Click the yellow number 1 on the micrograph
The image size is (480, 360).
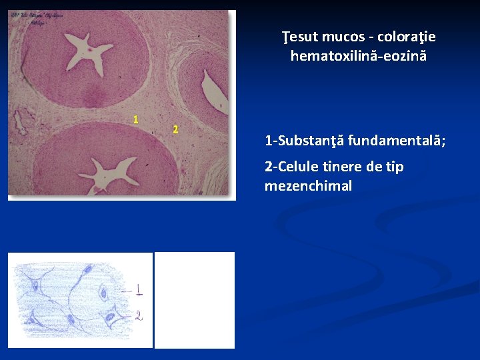click(x=135, y=120)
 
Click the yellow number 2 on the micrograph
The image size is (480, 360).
click(x=175, y=129)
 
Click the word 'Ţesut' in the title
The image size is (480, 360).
click(x=300, y=37)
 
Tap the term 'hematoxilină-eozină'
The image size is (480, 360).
click(x=358, y=56)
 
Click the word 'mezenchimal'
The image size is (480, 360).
click(x=308, y=186)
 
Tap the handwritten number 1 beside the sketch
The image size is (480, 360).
click(x=138, y=290)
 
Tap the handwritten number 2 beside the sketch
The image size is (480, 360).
click(x=139, y=315)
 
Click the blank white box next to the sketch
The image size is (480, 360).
click(x=195, y=300)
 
